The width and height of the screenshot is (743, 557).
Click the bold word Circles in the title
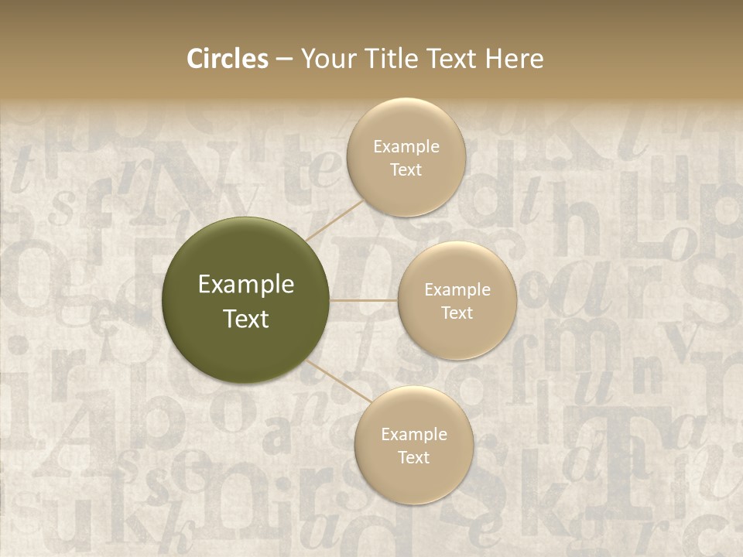coord(228,59)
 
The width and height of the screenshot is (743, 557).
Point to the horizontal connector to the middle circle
coord(364,300)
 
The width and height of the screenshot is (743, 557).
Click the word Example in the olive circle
coord(246,285)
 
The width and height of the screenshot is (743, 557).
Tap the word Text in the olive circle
coord(246,319)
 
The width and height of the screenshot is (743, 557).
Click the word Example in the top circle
coord(406,147)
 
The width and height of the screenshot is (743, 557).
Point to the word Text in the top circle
coord(406,170)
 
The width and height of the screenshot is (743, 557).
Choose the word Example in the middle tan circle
coord(457,290)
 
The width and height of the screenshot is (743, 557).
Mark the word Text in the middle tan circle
coord(457,313)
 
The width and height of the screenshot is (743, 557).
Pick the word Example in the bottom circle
coord(413,435)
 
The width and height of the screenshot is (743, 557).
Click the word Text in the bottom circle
coord(413,458)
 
